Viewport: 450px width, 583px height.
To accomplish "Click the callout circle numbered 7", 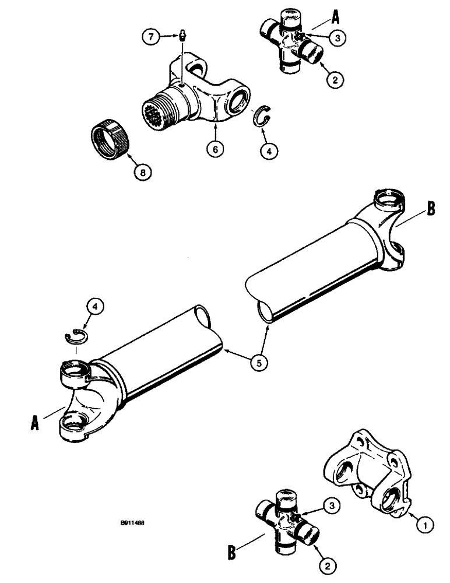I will pyautogui.click(x=150, y=37).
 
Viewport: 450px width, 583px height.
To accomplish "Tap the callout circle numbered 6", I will pyautogui.click(x=215, y=149).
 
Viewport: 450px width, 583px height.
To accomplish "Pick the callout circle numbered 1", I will pyautogui.click(x=424, y=525).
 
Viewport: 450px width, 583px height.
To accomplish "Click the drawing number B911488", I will pyautogui.click(x=129, y=524).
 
